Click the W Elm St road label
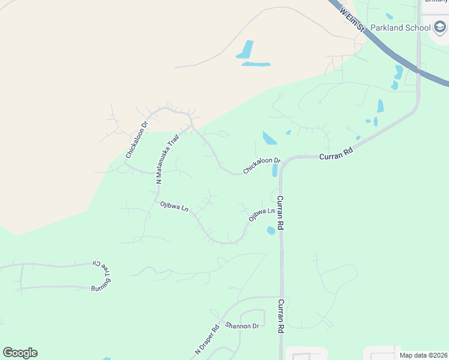point(352,18)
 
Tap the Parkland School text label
point(400,28)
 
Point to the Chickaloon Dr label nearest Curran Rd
point(262,166)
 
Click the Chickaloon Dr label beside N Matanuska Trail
point(136,140)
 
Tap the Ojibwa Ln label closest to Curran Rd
point(262,214)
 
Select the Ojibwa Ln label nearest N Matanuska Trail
point(174,206)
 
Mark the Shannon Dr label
point(242,326)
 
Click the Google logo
point(20,353)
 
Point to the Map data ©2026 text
point(423,355)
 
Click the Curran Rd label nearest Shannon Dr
point(280,316)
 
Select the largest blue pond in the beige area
point(246,50)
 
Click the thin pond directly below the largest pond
point(256,64)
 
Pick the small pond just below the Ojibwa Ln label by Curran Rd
point(271,230)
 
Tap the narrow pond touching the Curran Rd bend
point(275,170)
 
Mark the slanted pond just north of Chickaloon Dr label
point(270,139)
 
